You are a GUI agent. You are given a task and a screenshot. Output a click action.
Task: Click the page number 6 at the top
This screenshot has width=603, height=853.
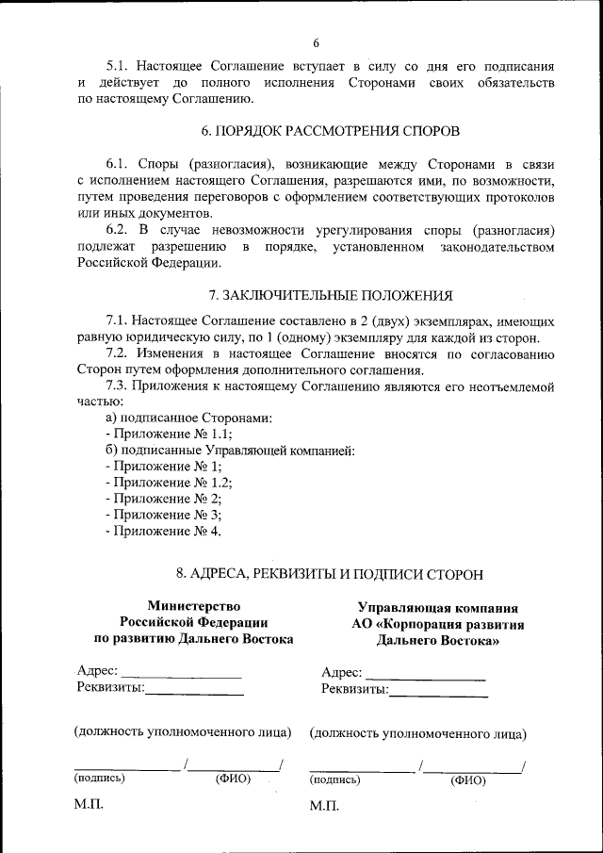[317, 42]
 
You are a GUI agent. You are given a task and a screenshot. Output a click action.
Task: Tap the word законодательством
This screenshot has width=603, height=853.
[497, 247]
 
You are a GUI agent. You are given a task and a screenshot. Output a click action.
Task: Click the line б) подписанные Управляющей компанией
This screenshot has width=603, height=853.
[230, 450]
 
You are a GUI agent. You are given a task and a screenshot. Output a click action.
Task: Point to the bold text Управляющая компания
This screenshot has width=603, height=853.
[437, 608]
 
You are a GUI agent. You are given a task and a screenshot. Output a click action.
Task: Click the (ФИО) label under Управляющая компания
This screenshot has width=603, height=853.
[467, 780]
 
